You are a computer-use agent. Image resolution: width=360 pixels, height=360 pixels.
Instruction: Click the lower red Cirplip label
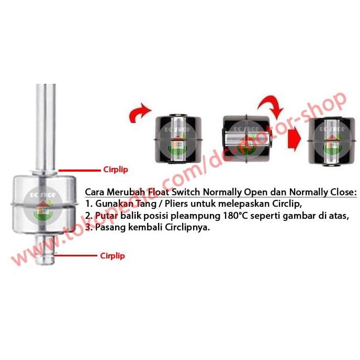pyautogui.click(x=112, y=256)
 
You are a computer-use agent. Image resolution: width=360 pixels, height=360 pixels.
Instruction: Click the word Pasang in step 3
pyautogui.click(x=106, y=228)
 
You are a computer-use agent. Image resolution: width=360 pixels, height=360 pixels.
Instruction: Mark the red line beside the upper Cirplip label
pyautogui.click(x=78, y=170)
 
